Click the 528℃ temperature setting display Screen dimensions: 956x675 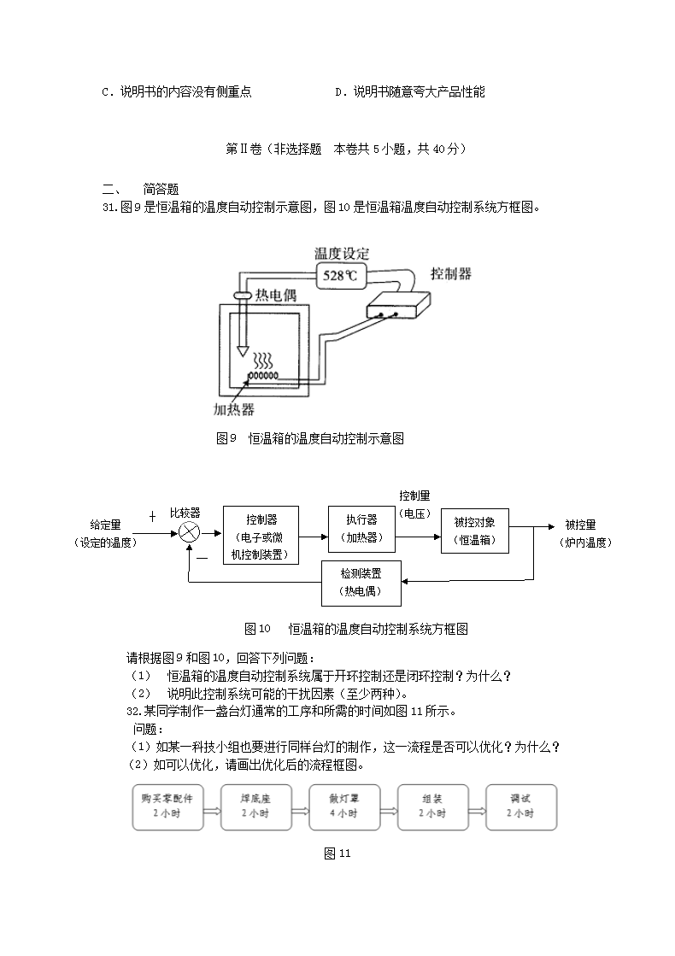click(x=342, y=275)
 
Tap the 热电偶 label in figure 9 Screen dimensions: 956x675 click(x=275, y=295)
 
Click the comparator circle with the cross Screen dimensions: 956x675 click(x=189, y=532)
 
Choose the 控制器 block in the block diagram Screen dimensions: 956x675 click(x=261, y=533)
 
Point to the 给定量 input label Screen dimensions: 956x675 click(x=105, y=533)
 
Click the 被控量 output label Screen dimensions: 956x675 click(x=581, y=533)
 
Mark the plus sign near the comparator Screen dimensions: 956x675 click(x=152, y=517)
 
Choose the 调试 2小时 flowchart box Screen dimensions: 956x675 click(x=520, y=806)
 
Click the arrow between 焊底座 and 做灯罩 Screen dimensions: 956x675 click(x=299, y=807)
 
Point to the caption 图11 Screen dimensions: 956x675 click(x=337, y=853)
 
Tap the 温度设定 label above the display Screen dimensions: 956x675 click(x=342, y=254)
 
